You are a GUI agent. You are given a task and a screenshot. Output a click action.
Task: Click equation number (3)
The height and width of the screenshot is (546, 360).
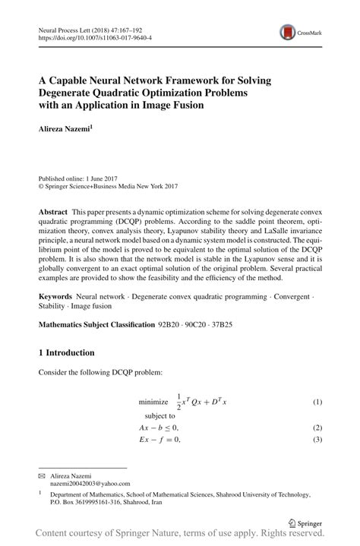[x=317, y=440]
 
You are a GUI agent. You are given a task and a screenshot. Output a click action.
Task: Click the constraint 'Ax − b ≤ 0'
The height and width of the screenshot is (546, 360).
[x=159, y=428]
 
